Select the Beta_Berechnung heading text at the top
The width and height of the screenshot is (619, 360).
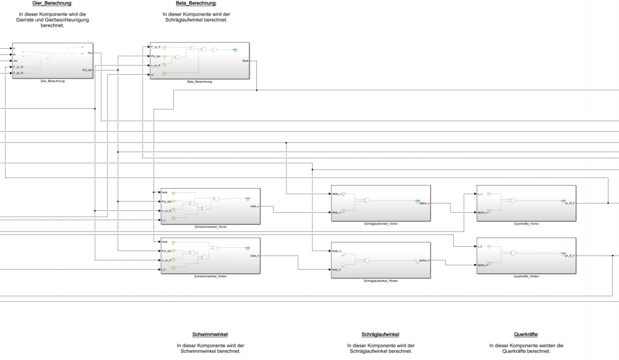[195, 4]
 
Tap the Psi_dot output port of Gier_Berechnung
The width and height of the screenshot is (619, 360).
[87, 70]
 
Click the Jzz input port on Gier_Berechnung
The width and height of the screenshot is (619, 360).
[15, 61]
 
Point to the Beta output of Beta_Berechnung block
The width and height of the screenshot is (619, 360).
[246, 61]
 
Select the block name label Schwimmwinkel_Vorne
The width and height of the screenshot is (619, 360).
[210, 227]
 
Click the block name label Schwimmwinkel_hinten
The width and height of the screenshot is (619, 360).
[210, 276]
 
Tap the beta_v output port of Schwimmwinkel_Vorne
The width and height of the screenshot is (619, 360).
[254, 206]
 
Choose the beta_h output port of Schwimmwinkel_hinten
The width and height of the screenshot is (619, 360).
[254, 255]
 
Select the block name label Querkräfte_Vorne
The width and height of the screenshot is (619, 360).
[526, 223]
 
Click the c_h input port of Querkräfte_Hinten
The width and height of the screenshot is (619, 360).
[480, 246]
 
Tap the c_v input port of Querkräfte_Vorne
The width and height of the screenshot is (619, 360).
[480, 194]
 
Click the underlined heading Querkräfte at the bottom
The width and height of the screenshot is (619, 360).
[526, 334]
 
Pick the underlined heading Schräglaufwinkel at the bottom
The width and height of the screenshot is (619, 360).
[380, 334]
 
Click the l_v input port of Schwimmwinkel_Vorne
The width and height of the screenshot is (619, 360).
[164, 219]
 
